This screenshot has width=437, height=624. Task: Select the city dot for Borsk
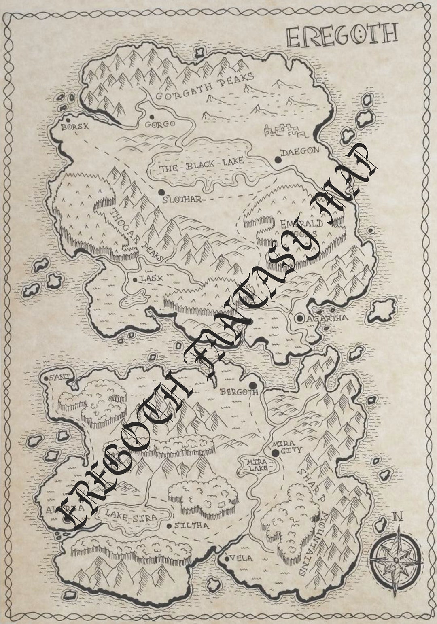(68, 120)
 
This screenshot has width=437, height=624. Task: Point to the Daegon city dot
(278, 159)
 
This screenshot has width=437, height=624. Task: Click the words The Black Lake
(201, 165)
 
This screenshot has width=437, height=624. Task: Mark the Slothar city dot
(162, 192)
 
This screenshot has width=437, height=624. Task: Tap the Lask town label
(151, 279)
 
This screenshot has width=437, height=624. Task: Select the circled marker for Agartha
(300, 318)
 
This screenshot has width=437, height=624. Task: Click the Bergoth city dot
(253, 385)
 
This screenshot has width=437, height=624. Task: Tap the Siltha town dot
(169, 526)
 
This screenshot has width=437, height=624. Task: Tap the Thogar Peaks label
(136, 234)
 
